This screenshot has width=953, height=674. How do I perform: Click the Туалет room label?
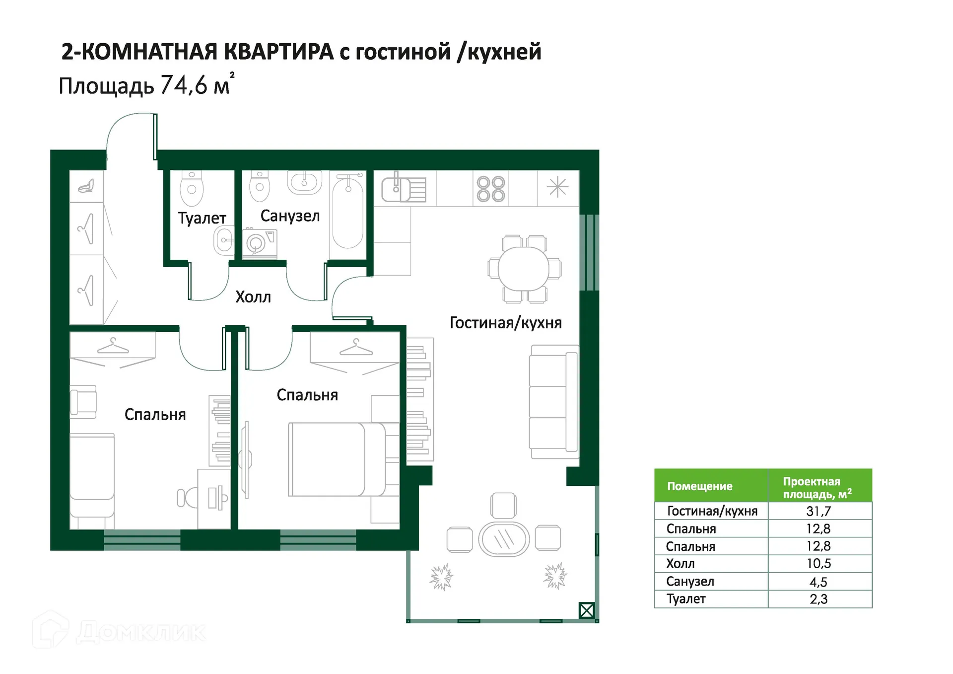(x=202, y=218)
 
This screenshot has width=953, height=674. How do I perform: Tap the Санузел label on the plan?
(x=290, y=216)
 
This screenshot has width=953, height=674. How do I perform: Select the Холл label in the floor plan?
(x=253, y=297)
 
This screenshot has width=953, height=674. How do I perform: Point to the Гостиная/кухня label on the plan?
(x=505, y=323)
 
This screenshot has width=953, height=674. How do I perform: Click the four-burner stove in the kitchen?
(x=491, y=189)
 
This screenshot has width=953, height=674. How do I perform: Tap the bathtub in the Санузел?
(x=348, y=214)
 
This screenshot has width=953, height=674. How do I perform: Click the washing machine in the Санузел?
(x=260, y=243)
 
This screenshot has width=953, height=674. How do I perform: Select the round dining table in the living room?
(x=524, y=269)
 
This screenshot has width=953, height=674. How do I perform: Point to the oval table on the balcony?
(x=504, y=539)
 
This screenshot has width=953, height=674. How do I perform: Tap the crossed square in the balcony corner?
(x=586, y=610)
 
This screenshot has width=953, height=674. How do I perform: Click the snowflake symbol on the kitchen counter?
(x=557, y=188)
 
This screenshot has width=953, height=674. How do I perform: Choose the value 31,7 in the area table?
(x=818, y=511)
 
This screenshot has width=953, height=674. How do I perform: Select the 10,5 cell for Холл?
(x=818, y=564)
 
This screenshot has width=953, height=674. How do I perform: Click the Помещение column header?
(x=699, y=486)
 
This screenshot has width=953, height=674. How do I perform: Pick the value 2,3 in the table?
(x=818, y=599)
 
